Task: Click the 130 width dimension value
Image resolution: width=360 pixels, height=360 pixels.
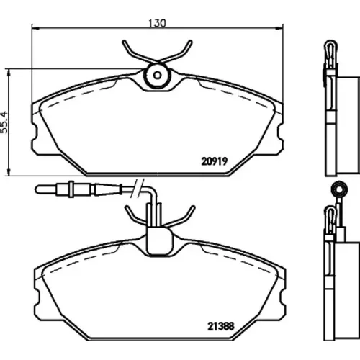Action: (157, 23)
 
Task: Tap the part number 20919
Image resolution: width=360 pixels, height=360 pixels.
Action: (215, 161)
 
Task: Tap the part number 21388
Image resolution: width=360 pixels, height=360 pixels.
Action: (220, 326)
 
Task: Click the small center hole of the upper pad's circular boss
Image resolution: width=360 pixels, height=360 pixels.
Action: (157, 76)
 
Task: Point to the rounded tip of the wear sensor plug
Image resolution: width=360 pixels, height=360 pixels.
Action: (37, 189)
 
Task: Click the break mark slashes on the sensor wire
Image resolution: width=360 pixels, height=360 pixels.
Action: (138, 188)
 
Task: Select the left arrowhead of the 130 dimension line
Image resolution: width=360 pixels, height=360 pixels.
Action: (35, 28)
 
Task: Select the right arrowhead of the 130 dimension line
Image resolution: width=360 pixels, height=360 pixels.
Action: (280, 28)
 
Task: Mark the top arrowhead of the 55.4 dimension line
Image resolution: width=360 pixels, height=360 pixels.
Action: (9, 73)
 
